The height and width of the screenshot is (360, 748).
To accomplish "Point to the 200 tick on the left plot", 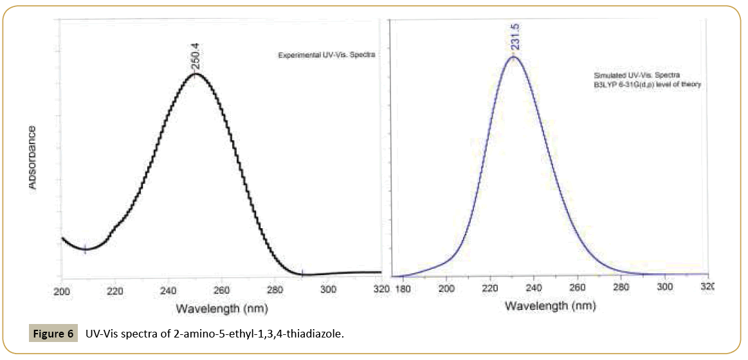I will pyautogui.click(x=61, y=290).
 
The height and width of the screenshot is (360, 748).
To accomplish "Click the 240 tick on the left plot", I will pyautogui.click(x=168, y=290).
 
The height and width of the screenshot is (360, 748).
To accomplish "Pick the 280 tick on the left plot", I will pyautogui.click(x=275, y=290).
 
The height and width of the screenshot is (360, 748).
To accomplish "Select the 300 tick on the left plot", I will pyautogui.click(x=328, y=290).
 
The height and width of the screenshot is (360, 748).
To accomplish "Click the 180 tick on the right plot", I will pyautogui.click(x=403, y=288).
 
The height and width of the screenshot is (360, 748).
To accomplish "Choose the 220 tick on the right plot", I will pyautogui.click(x=490, y=288).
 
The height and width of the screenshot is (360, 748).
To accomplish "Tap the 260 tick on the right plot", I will pyautogui.click(x=578, y=288).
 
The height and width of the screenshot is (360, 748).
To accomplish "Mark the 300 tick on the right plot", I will pyautogui.click(x=664, y=288).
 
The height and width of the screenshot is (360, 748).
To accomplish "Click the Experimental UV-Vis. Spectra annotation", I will pyautogui.click(x=326, y=55).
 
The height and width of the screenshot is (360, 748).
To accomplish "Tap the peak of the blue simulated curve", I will pyautogui.click(x=513, y=57).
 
